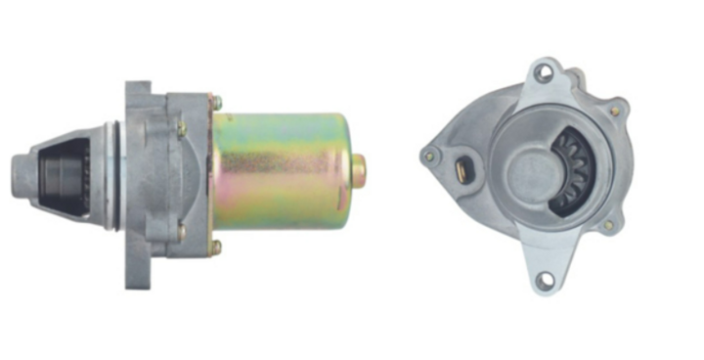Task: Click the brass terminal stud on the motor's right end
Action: point(359,170)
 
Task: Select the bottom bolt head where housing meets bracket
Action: point(216,248)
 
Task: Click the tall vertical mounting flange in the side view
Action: point(137,186)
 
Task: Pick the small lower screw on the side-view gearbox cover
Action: point(181,233)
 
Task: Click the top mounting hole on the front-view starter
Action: point(545,72)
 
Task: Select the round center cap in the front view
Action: point(533,171)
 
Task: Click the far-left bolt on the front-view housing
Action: point(428,155)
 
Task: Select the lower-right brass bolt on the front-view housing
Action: point(608,225)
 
